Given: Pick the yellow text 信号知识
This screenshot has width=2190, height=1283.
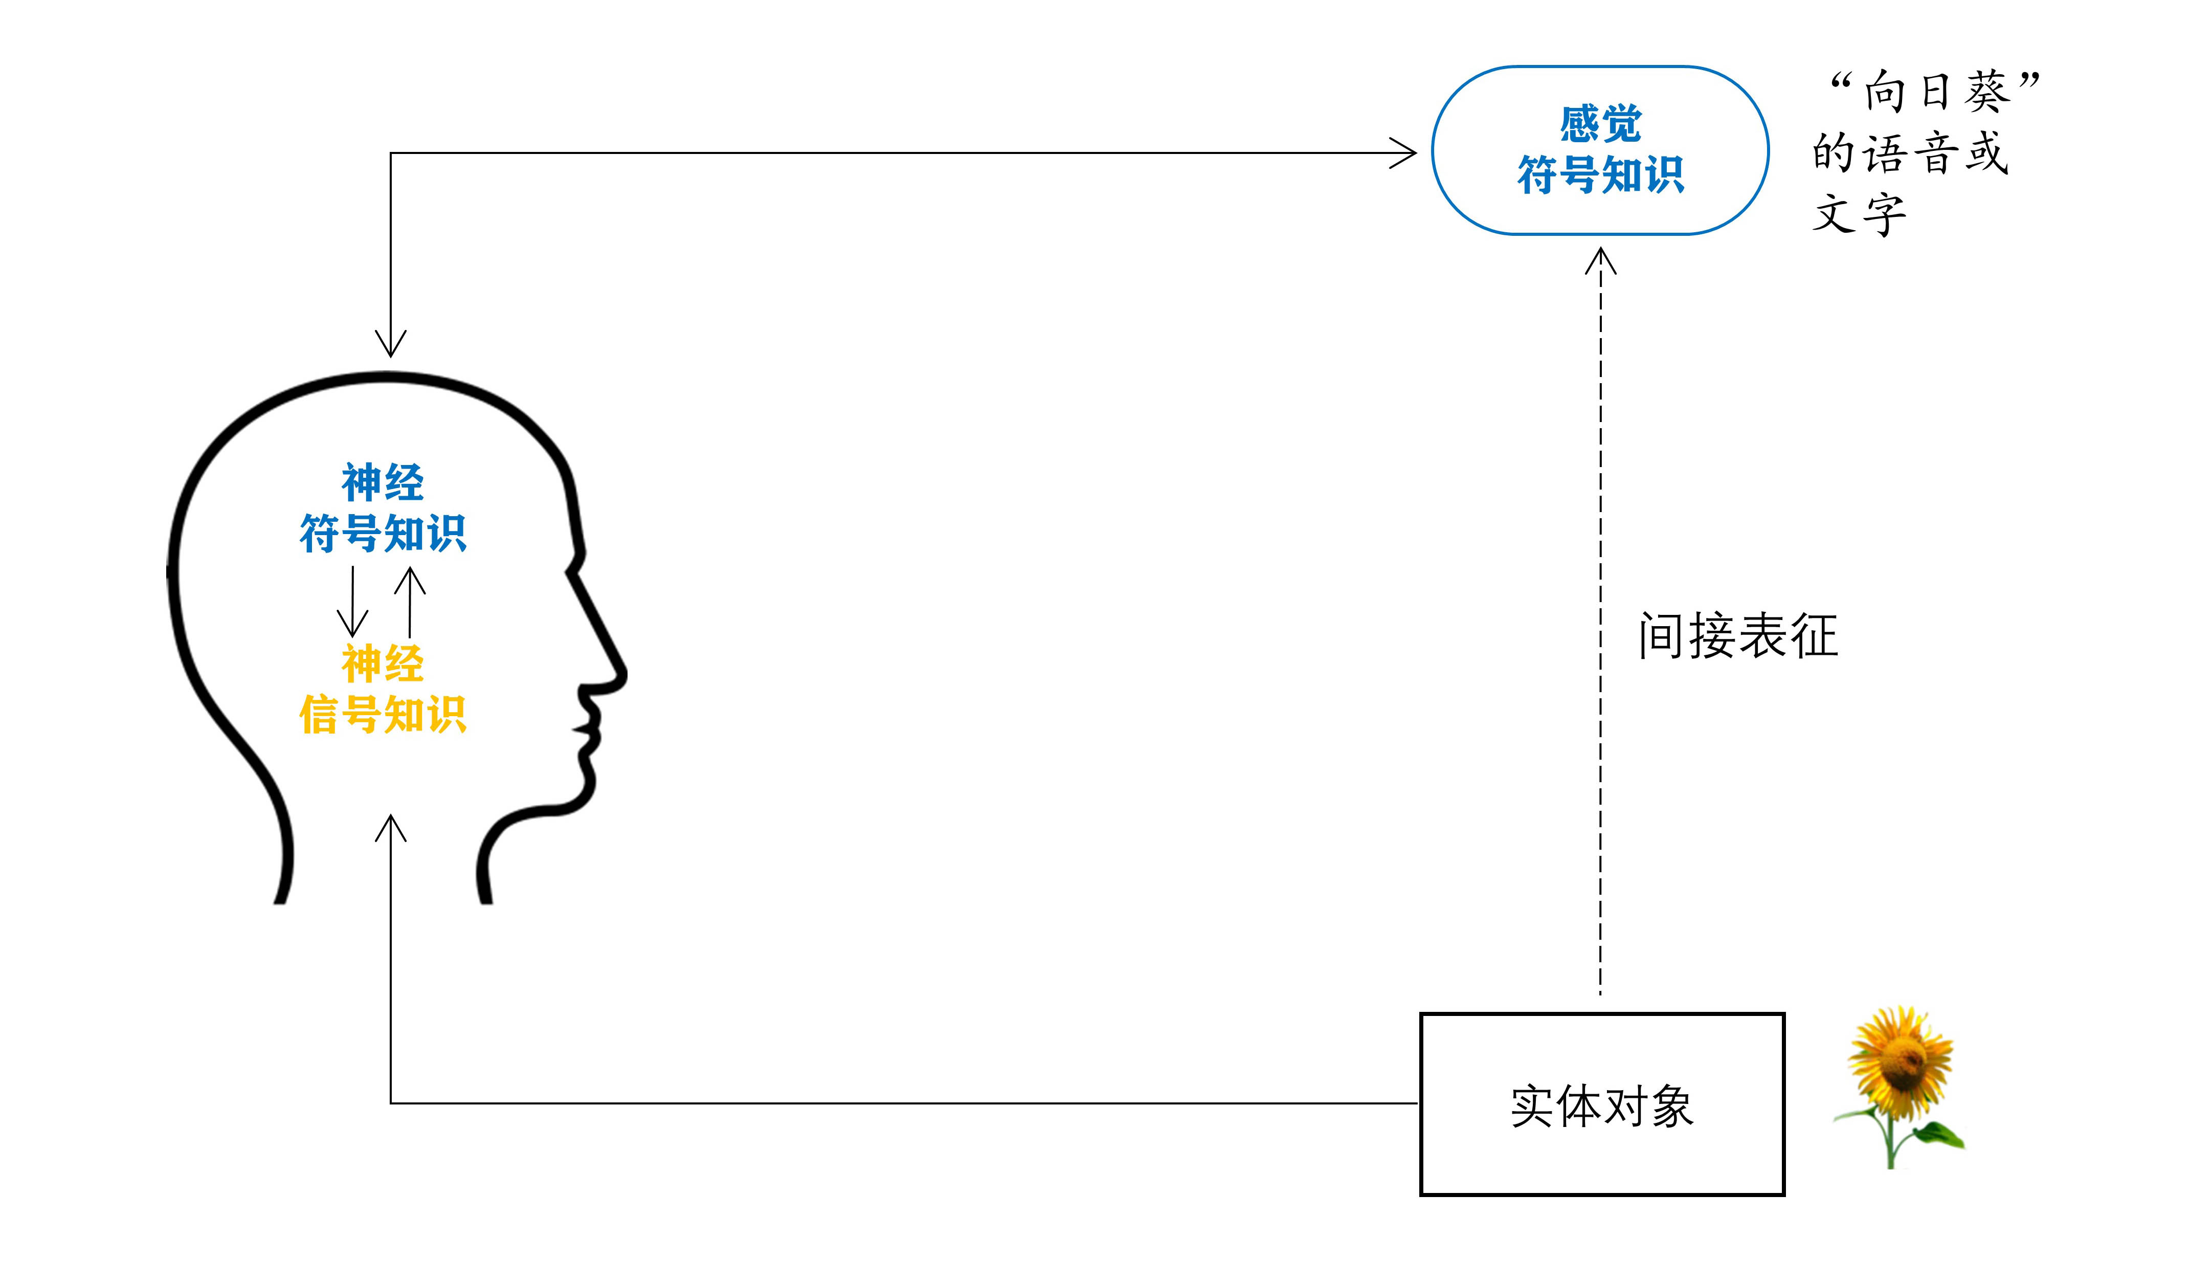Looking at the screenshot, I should click(x=383, y=715).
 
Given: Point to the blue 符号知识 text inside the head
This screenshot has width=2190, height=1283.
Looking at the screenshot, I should click(x=383, y=533).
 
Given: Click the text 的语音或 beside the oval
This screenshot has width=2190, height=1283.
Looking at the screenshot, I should click(x=1909, y=153).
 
